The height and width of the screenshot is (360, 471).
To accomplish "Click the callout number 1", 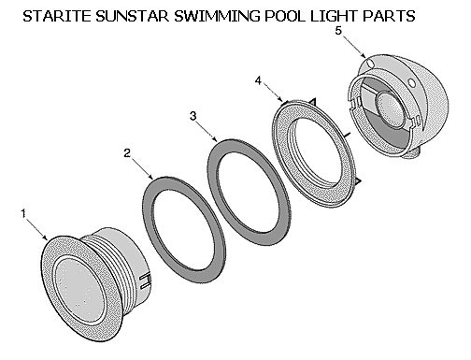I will click(22, 213).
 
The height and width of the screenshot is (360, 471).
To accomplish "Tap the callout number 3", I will click(192, 116).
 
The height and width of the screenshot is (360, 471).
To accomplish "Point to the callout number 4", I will click(258, 81).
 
